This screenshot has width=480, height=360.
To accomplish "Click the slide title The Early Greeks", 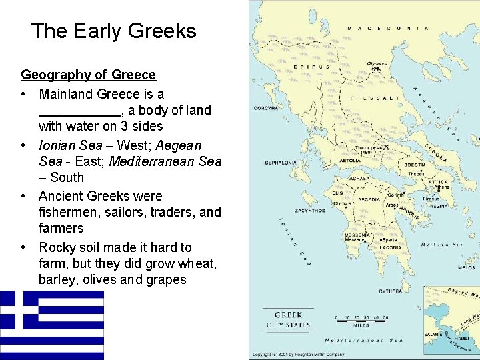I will click(113, 31).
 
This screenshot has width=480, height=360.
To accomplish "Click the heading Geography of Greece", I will click(88, 75).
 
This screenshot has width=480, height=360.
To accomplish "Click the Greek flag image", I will click(52, 325).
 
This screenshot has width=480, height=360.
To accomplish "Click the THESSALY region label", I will click(381, 98).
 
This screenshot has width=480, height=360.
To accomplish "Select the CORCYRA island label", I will click(266, 108).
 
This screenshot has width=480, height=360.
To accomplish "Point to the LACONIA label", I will click(391, 247).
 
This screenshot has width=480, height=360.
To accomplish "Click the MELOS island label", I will click(467, 267).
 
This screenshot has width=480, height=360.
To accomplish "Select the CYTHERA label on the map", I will click(390, 291).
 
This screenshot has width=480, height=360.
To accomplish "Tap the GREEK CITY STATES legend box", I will click(288, 320).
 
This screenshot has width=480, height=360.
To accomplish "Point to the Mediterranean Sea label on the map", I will click(369, 341).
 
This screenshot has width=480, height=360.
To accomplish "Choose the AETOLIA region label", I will click(350, 161).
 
